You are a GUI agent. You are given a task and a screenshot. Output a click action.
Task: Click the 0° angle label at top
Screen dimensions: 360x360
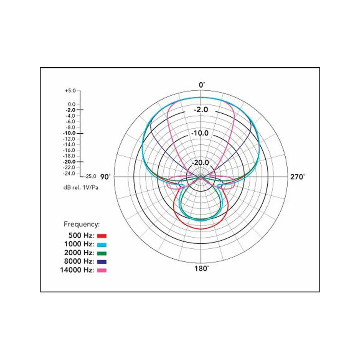202,85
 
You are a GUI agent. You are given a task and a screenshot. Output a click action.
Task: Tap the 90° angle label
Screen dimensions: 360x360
105,177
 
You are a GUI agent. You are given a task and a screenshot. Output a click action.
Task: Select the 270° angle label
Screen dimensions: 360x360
298,177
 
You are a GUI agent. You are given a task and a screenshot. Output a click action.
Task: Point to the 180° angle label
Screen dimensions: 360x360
202,268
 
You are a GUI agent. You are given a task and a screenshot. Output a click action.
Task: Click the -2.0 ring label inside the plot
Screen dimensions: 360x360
201,110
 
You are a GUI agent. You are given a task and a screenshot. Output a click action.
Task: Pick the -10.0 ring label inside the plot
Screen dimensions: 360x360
200,133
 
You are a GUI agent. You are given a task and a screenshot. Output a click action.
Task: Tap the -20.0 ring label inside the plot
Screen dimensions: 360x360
200,162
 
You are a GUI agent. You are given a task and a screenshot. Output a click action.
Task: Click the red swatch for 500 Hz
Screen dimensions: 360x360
102,236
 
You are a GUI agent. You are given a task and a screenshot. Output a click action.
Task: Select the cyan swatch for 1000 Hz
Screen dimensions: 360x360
102,244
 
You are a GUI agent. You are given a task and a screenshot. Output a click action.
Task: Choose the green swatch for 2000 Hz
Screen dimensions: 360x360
102,253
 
